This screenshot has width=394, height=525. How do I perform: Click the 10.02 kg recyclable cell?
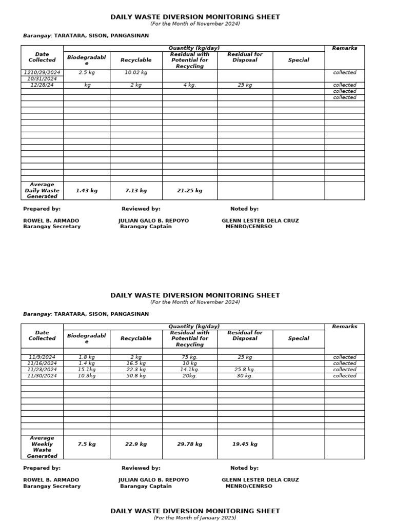click(x=135, y=73)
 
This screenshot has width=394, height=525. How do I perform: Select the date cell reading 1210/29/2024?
click(x=42, y=73)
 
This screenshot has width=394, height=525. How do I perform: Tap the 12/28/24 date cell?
click(x=42, y=85)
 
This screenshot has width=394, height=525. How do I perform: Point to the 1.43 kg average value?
click(x=86, y=191)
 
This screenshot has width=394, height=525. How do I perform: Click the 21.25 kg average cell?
click(x=190, y=191)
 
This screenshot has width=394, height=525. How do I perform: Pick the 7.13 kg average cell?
click(x=136, y=191)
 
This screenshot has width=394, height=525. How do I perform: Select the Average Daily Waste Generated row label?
click(x=42, y=190)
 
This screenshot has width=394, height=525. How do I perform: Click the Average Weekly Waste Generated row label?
click(x=42, y=447)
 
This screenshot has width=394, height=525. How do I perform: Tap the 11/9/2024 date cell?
click(x=42, y=357)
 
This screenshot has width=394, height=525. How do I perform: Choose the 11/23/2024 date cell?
click(x=42, y=370)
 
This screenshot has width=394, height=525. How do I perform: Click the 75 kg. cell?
click(x=190, y=357)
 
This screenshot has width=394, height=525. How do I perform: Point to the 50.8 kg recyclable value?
click(x=136, y=376)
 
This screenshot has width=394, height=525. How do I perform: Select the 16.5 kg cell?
click(x=136, y=364)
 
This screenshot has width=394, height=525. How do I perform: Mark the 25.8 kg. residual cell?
click(x=245, y=370)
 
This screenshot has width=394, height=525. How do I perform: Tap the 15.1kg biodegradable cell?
click(x=86, y=370)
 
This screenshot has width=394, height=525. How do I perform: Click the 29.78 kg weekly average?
click(x=190, y=445)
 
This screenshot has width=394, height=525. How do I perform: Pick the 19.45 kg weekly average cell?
click(x=245, y=445)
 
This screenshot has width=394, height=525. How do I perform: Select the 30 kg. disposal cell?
click(x=245, y=376)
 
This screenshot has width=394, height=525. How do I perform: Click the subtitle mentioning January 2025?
click(x=195, y=518)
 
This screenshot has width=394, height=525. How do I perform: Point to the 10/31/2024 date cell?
click(x=42, y=79)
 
